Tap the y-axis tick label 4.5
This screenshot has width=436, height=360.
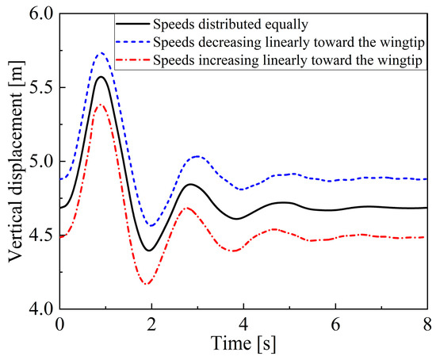(x=38, y=236)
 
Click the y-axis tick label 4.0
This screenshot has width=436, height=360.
(x=38, y=308)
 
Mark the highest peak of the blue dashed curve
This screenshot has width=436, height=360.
(x=101, y=53)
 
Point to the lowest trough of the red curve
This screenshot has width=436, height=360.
(x=147, y=284)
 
